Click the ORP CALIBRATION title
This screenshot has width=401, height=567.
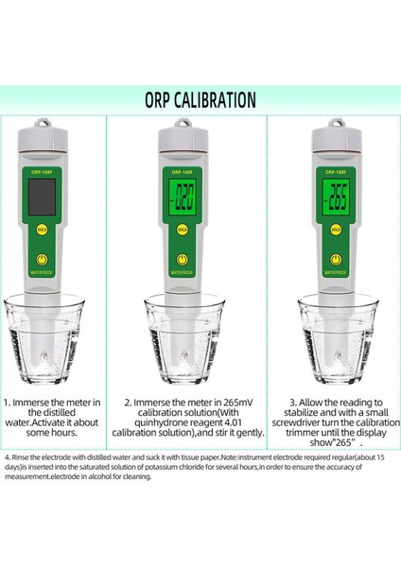point(200,99)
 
